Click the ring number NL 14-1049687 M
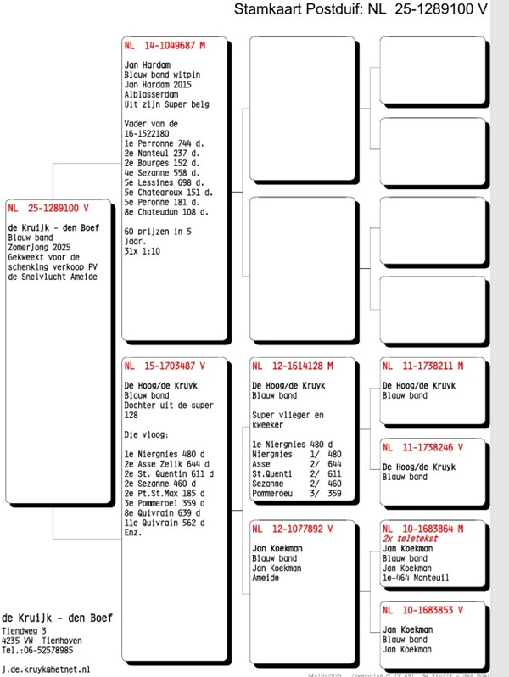click(165, 45)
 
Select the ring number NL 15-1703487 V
click(165, 366)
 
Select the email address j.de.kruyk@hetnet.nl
click(46, 669)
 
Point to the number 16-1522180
click(147, 133)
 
